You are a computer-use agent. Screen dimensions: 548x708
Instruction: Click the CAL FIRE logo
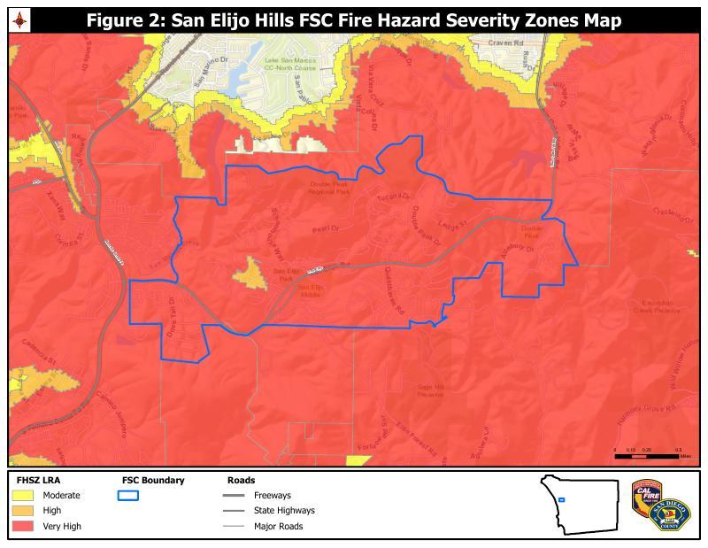647,496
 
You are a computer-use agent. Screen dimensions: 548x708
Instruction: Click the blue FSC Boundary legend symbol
128,496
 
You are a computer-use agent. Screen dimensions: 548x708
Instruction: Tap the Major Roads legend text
278,526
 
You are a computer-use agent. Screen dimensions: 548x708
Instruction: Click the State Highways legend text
283,511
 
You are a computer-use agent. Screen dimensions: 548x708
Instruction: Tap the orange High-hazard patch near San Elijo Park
250,274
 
